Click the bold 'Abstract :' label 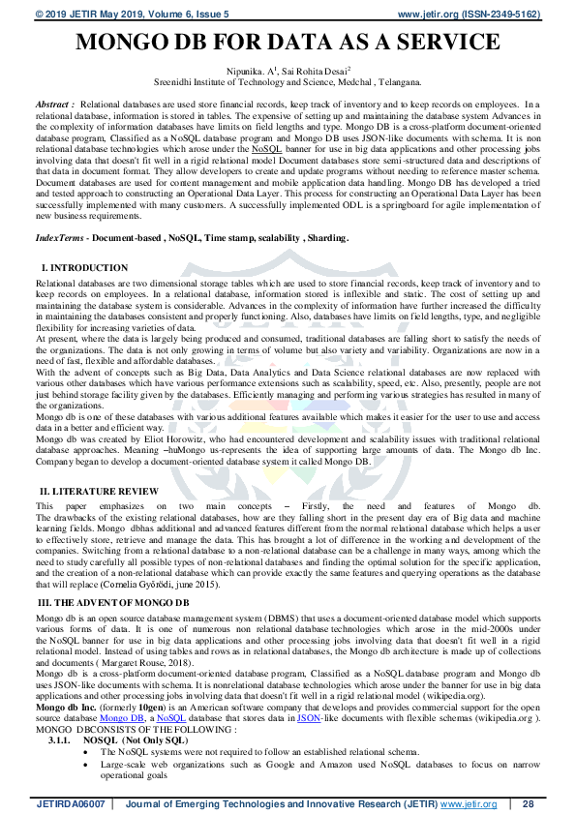click(55, 103)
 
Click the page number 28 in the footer click(528, 804)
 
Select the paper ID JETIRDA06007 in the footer click(69, 804)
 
